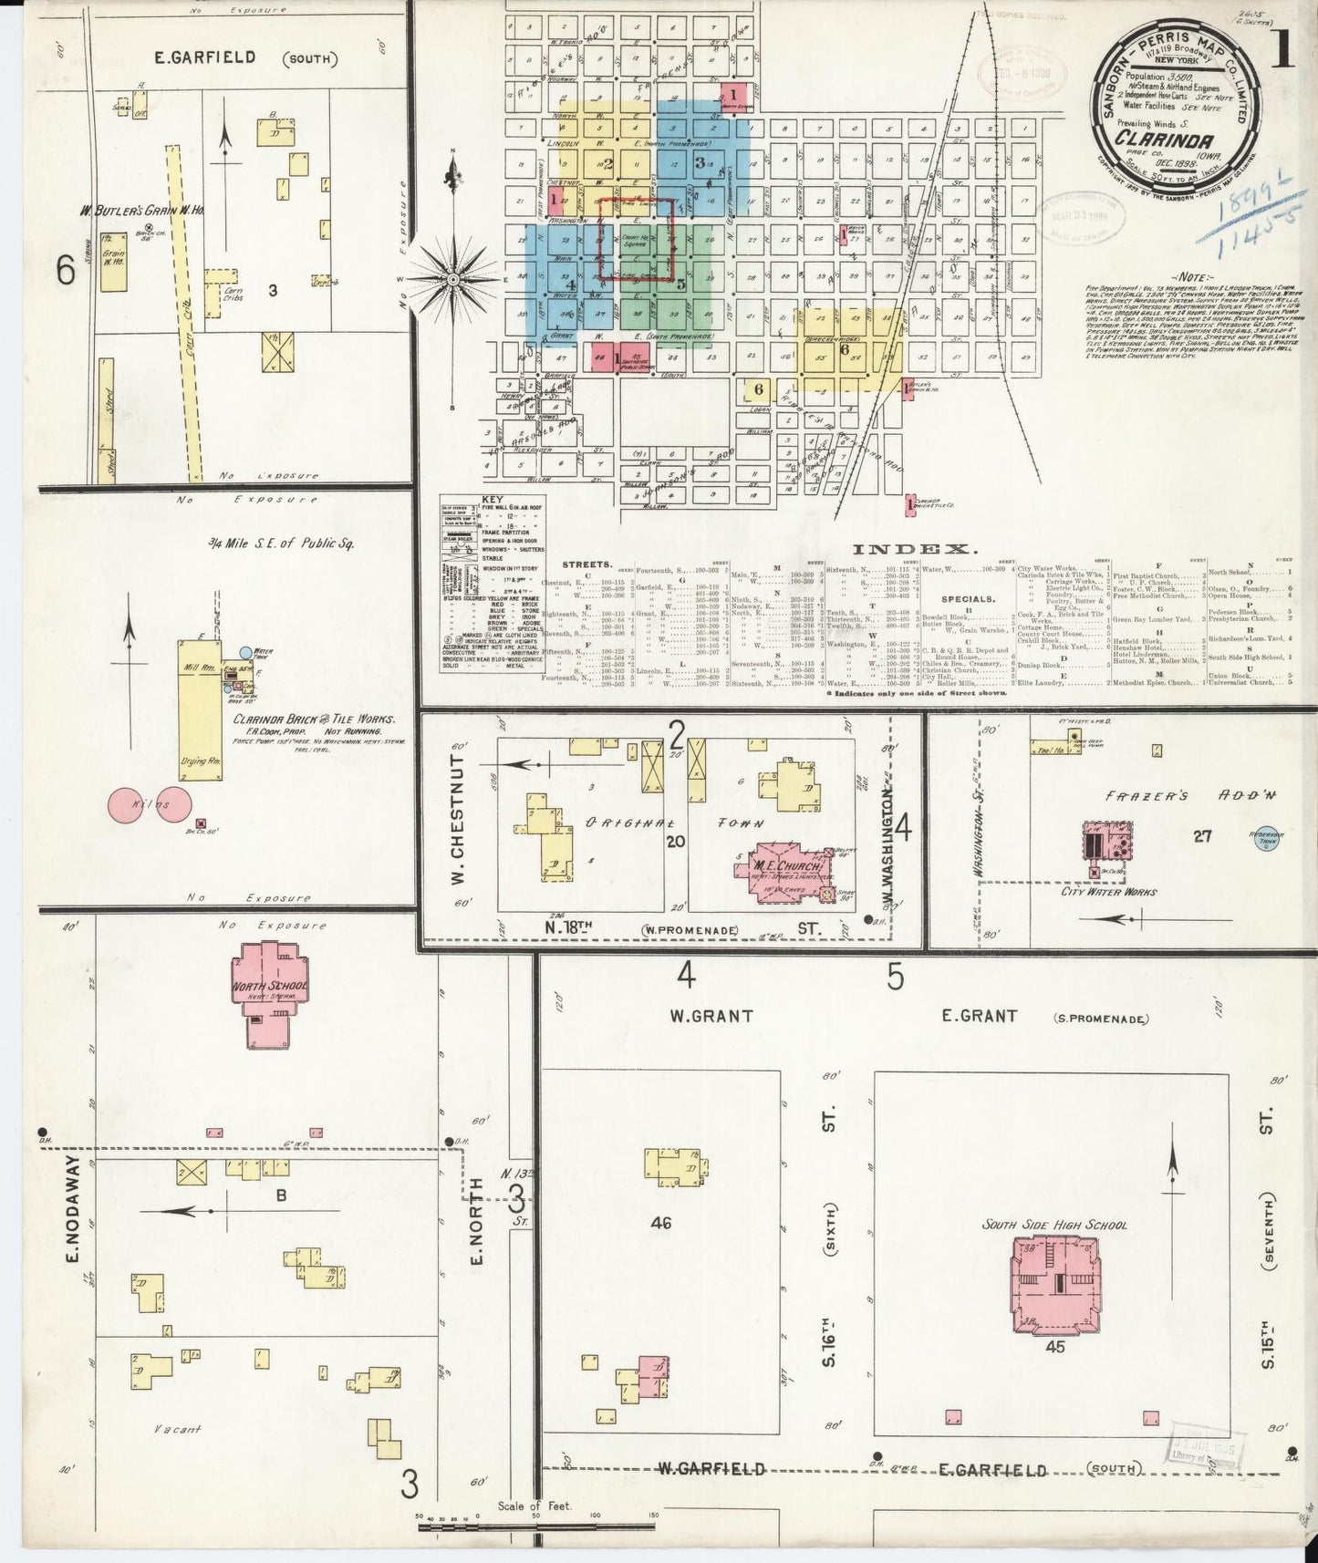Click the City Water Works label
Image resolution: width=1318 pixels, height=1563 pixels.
click(1108, 891)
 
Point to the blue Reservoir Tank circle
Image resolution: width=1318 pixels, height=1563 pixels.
click(1266, 838)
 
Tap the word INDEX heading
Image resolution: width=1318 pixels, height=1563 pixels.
click(915, 548)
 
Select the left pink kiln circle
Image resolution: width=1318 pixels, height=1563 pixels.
click(129, 804)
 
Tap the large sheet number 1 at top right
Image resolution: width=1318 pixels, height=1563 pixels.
click(1282, 54)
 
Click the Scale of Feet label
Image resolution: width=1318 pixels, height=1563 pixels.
click(534, 1506)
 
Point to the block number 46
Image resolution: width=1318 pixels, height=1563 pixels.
click(660, 1222)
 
